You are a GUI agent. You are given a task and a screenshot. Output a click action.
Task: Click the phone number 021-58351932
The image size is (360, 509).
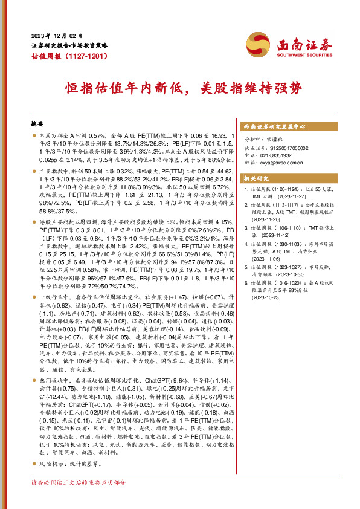tap(278, 155)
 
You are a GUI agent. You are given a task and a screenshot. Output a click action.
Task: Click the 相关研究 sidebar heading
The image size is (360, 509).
tap(254, 179)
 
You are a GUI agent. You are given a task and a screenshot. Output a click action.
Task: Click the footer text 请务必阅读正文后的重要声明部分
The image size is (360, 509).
tap(79, 482)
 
